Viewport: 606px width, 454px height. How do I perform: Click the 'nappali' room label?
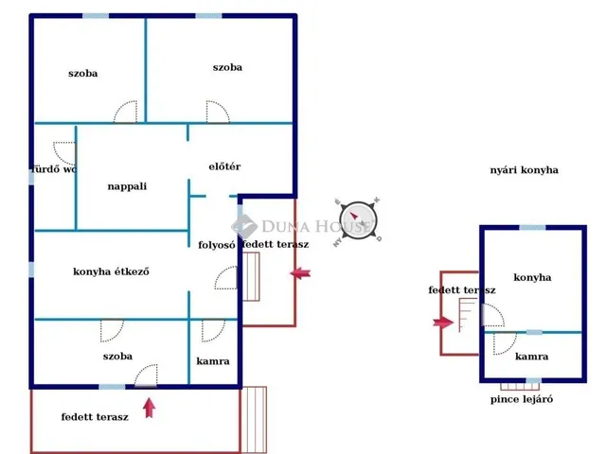(x=126, y=186)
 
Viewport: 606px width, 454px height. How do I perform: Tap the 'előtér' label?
(x=224, y=167)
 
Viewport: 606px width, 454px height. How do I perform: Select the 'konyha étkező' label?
(x=112, y=272)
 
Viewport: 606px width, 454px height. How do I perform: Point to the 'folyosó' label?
(x=216, y=245)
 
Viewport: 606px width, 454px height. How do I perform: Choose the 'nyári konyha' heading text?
(x=524, y=170)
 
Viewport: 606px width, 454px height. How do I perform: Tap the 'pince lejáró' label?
(x=522, y=399)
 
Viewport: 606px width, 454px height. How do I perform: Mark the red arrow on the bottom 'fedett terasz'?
(x=149, y=408)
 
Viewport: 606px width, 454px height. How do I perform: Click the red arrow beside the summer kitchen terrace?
(x=443, y=323)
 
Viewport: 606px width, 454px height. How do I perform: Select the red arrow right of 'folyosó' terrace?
(x=301, y=274)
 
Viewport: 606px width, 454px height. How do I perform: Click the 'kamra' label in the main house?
(x=213, y=361)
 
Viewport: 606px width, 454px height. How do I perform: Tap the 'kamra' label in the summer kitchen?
(x=531, y=358)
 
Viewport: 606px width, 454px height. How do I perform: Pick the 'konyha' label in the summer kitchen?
(x=532, y=277)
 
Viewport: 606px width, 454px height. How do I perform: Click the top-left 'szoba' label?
(x=83, y=73)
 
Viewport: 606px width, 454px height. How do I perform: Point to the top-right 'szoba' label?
(x=227, y=67)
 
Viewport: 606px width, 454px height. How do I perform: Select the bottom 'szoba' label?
(x=118, y=357)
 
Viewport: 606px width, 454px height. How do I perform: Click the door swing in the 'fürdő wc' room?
(x=63, y=152)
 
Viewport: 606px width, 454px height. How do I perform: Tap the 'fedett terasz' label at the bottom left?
(x=95, y=417)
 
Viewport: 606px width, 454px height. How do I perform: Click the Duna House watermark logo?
(x=245, y=226)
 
